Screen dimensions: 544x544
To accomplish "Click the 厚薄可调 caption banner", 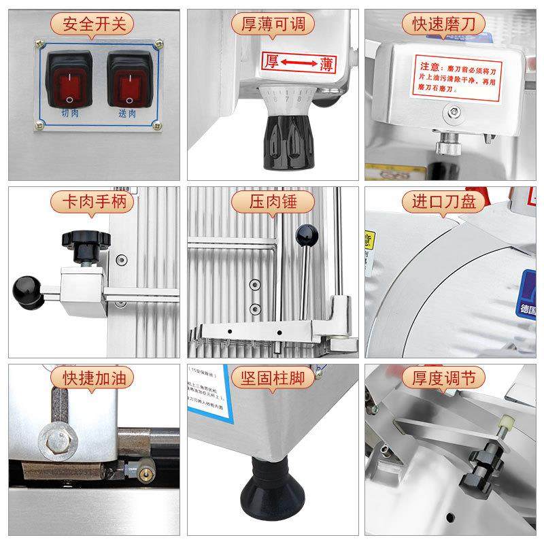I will pyautogui.click(x=273, y=25).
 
